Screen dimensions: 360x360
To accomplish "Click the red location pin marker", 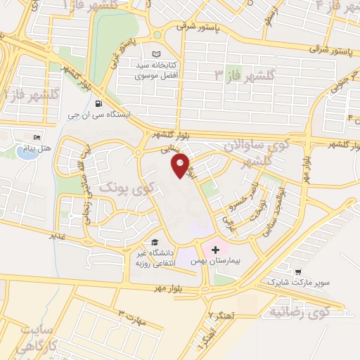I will (x=181, y=165).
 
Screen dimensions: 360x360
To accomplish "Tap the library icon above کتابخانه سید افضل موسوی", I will (x=156, y=53).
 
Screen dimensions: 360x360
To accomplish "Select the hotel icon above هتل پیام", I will (x=37, y=137).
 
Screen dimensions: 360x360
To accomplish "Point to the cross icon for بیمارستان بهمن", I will (x=214, y=250).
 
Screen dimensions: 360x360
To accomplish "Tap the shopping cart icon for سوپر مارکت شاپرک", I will (x=300, y=271).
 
